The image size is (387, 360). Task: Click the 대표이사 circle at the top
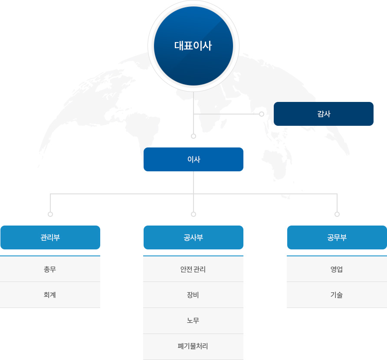click(193, 46)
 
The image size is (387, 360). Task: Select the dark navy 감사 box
click(324, 114)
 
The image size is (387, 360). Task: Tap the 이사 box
click(193, 159)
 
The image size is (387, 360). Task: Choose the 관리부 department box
click(50, 237)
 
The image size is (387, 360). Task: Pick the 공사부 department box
click(193, 237)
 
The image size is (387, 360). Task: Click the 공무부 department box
click(337, 237)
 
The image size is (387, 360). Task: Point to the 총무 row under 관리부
click(50, 269)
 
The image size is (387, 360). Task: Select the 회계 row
click(50, 295)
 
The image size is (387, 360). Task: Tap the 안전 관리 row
click(193, 269)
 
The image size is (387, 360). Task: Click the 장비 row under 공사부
click(193, 295)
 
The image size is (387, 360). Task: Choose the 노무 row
click(193, 321)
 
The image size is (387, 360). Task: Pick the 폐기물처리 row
click(193, 347)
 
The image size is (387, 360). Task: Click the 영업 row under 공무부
click(337, 269)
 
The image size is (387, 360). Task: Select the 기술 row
click(337, 295)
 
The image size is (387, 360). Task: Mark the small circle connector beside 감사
click(262, 114)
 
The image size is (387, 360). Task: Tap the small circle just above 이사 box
click(193, 136)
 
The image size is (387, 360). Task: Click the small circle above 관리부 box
click(50, 214)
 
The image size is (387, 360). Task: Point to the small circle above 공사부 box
click(193, 214)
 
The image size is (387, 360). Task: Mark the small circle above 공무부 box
click(337, 214)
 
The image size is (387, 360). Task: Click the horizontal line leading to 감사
click(226, 114)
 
